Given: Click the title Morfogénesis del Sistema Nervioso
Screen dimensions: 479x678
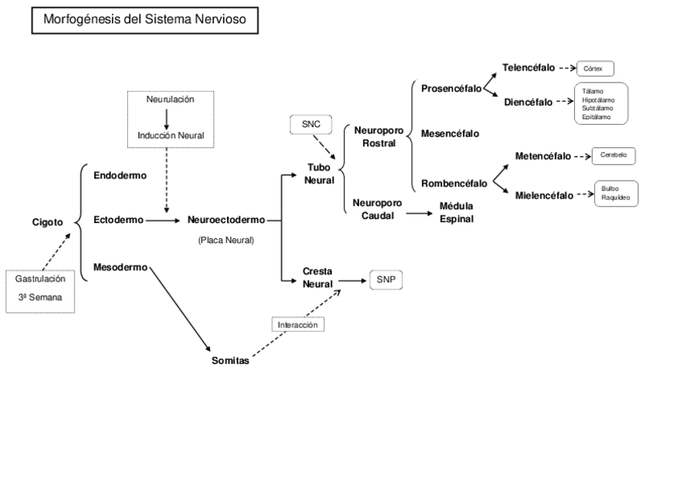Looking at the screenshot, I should click(145, 21).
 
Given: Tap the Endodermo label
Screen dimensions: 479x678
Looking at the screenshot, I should click(120, 175).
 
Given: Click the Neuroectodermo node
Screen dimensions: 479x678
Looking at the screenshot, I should click(226, 218).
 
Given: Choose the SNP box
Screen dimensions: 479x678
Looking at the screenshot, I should click(386, 280).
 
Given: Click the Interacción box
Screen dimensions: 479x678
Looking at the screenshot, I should click(298, 325).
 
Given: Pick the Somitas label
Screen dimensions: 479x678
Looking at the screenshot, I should click(230, 361).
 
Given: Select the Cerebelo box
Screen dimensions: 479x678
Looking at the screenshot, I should click(614, 155).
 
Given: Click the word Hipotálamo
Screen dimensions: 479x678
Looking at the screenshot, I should click(599, 100).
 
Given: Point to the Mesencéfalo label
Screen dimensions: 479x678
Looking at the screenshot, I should click(450, 134).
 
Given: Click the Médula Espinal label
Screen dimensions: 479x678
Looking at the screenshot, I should click(457, 212).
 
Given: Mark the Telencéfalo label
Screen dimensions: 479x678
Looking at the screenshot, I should click(528, 67).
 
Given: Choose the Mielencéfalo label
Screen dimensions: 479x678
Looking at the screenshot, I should click(544, 195).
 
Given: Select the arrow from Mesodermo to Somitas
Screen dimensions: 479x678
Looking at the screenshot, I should click(179, 308).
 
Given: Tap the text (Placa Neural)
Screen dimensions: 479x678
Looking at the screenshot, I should click(225, 240).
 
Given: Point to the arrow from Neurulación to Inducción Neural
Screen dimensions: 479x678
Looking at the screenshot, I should click(166, 118).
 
